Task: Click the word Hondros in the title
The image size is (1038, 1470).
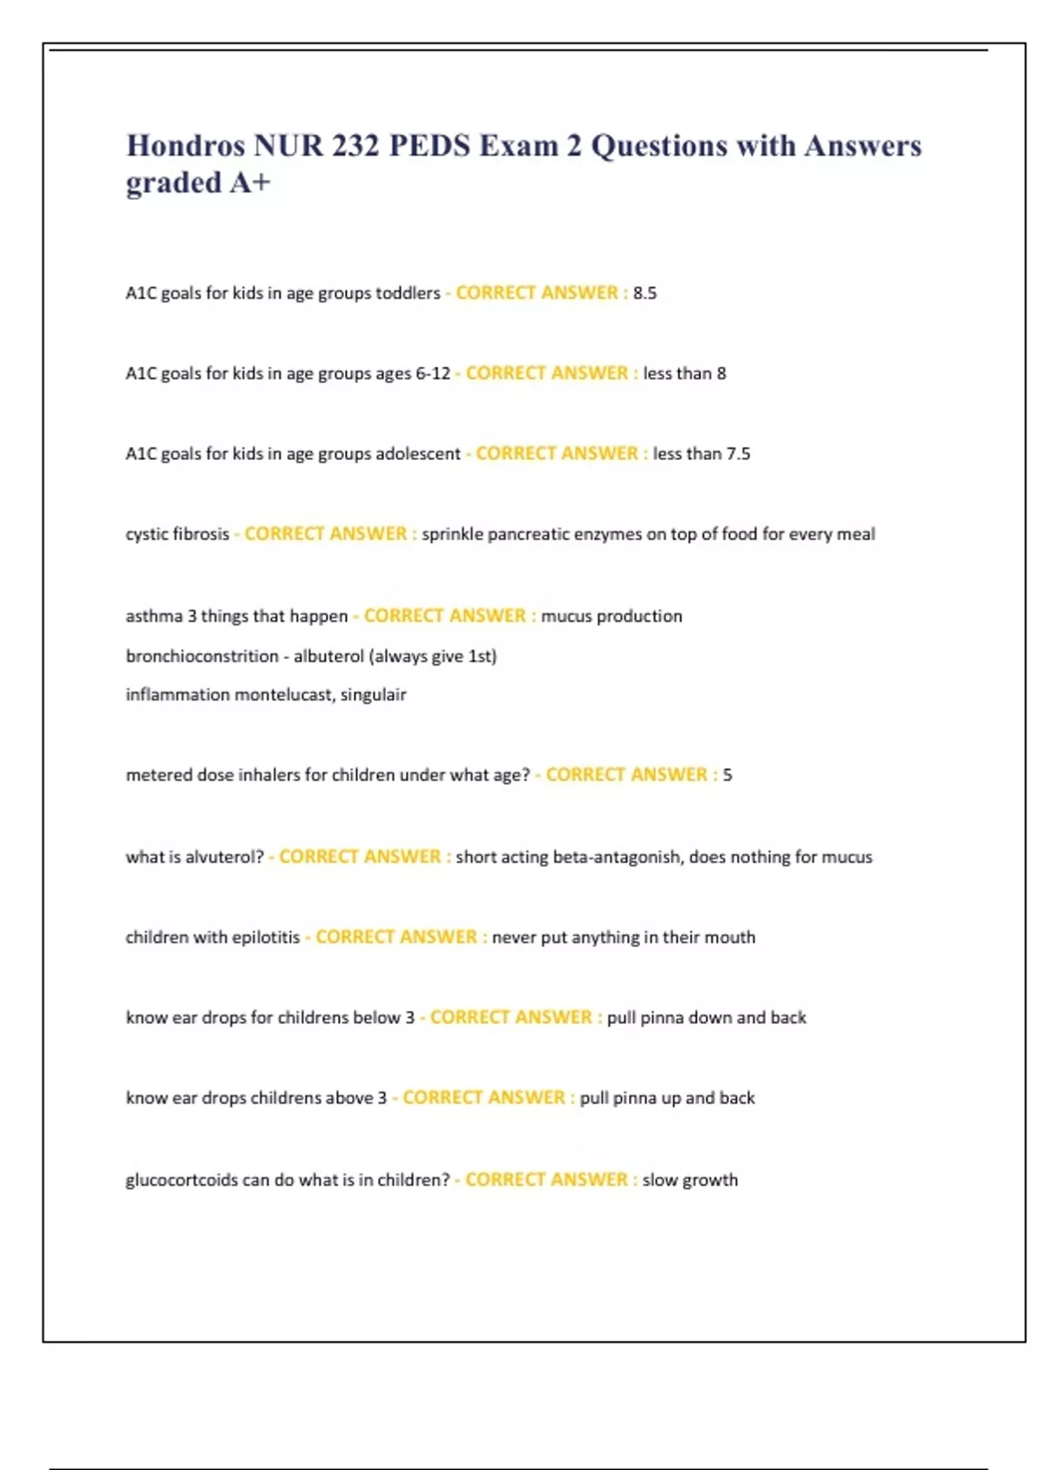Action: tap(185, 145)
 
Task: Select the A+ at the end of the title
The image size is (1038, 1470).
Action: tap(250, 182)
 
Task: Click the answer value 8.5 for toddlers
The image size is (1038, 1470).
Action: tap(644, 293)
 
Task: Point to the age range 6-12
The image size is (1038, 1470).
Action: tap(432, 374)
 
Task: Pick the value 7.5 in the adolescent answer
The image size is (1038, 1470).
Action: tap(738, 454)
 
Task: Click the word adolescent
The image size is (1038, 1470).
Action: tap(418, 454)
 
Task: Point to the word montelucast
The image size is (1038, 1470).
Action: tap(284, 694)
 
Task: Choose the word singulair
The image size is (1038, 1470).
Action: tap(373, 694)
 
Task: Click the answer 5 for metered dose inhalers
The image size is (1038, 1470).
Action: tap(727, 775)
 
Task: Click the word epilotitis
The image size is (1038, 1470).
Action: tap(266, 937)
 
